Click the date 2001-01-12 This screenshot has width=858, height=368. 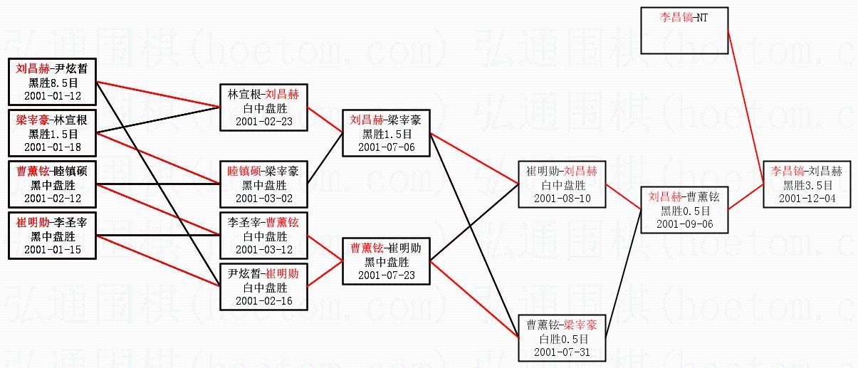pos(53,95)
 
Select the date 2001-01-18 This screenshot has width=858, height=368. pos(53,147)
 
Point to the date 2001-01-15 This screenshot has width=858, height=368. pos(53,249)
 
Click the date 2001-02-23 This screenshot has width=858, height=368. pos(263,121)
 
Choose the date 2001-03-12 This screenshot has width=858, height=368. pos(263,249)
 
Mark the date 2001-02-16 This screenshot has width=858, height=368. pos(263,300)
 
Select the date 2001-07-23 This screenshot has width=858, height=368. pos(386,275)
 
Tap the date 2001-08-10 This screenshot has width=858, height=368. pos(563,198)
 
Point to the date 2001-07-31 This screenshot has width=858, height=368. pos(563,352)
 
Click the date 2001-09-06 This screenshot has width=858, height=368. pos(685,224)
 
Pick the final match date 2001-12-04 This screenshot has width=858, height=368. pos(807,198)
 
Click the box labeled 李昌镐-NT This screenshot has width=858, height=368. pos(684,31)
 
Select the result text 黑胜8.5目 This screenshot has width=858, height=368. pos(53,82)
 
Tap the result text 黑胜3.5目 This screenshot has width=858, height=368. pos(807,184)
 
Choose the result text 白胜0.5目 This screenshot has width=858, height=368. pos(563,338)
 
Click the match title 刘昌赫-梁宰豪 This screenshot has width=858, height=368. pos(386,120)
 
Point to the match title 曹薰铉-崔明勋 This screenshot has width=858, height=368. pos(386,248)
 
